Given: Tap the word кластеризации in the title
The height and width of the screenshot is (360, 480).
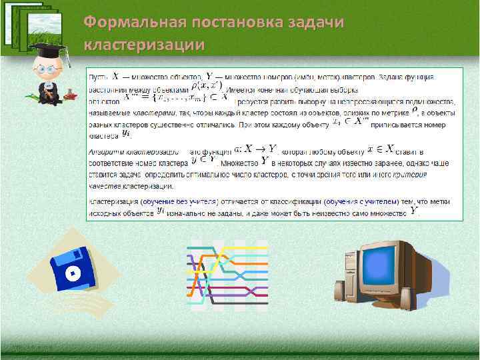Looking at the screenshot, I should pyautogui.click(x=144, y=45).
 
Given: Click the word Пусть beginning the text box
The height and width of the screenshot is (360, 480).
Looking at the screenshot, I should pyautogui.click(x=98, y=79).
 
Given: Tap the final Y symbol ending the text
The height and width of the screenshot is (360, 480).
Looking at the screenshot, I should pyautogui.click(x=415, y=211).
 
